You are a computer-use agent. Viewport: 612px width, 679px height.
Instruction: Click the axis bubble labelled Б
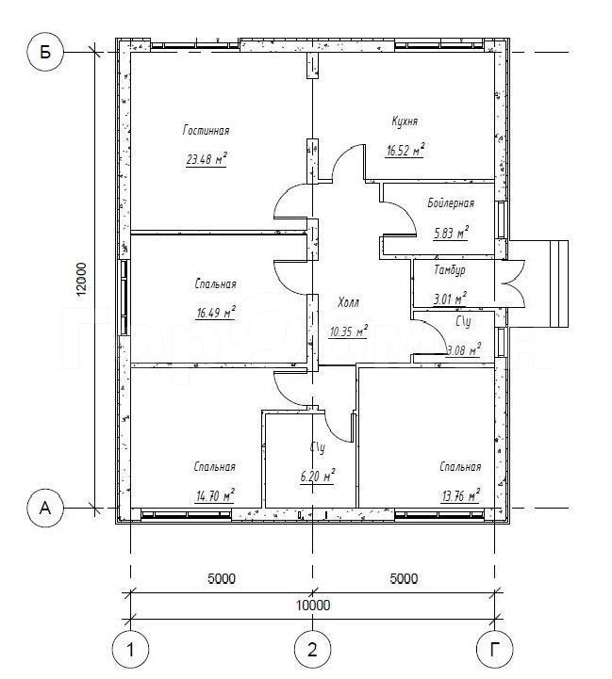[45, 53]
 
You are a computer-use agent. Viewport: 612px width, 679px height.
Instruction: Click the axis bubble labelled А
[45, 508]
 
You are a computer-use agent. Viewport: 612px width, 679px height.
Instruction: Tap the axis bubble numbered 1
[130, 650]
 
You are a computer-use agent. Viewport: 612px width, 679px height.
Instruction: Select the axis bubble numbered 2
[312, 650]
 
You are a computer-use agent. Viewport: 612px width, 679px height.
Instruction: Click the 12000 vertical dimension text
[82, 280]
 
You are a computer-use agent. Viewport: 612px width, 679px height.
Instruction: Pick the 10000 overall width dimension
[313, 605]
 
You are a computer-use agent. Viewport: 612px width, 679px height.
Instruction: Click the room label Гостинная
[206, 130]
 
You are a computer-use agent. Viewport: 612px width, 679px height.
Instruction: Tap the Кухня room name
[405, 121]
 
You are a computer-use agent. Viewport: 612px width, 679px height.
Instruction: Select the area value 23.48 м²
[207, 159]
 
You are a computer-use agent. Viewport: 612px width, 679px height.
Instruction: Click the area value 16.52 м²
[405, 150]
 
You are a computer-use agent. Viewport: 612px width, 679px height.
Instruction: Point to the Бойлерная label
[451, 202]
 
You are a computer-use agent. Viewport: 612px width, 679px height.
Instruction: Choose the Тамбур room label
[450, 269]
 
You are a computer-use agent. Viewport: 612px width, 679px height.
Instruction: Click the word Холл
[348, 302]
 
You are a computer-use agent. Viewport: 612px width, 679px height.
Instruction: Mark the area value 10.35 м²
[348, 331]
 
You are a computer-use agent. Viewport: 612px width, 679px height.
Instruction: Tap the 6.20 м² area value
[318, 477]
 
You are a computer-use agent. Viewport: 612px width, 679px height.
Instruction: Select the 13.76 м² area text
[460, 495]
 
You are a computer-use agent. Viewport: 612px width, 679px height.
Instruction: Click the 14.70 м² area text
[215, 495]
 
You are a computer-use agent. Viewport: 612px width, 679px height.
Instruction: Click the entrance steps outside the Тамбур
[559, 283]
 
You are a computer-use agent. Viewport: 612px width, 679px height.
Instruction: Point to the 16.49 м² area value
[216, 313]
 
